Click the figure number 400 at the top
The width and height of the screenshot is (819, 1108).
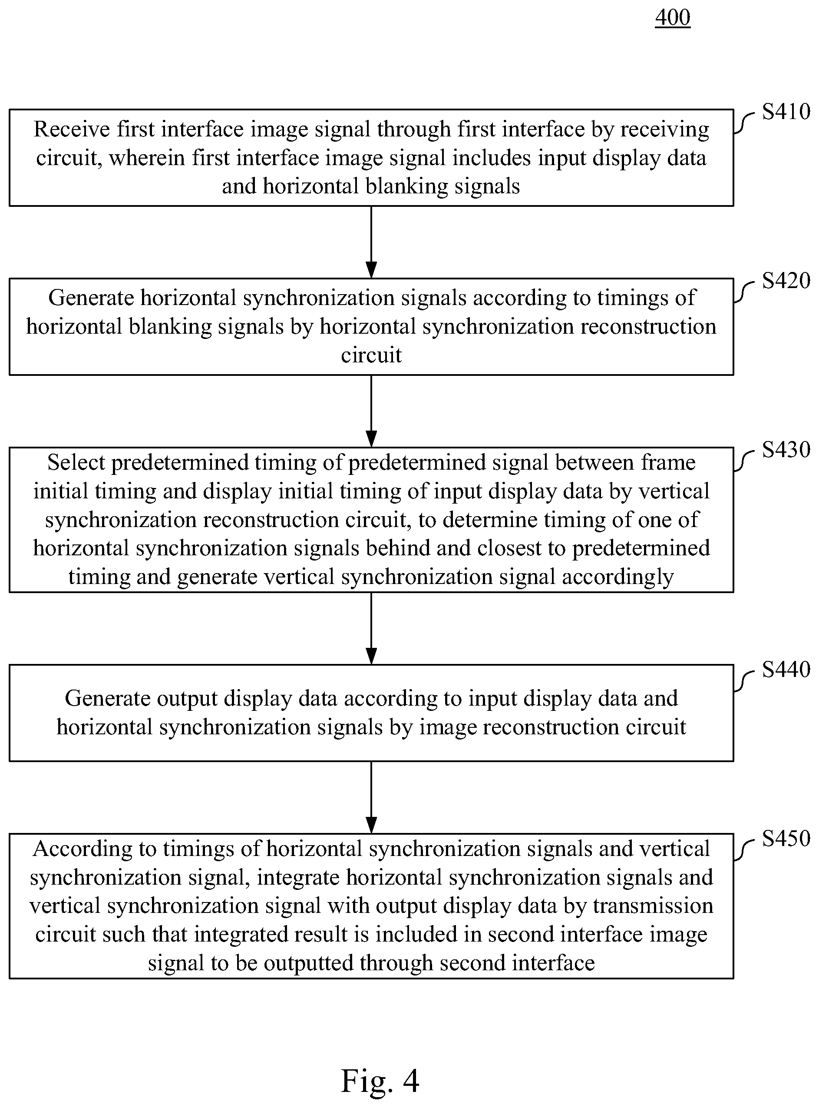pos(673,17)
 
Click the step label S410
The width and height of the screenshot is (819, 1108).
pos(786,112)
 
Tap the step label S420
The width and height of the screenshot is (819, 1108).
pos(786,281)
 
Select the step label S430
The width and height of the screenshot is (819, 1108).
pos(786,450)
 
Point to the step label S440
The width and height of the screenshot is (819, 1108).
pos(786,670)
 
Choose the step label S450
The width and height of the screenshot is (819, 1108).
pos(786,839)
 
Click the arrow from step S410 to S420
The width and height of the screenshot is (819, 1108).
pos(371,242)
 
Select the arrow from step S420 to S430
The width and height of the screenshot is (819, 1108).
pos(371,411)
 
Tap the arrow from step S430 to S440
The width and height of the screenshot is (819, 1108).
pos(371,628)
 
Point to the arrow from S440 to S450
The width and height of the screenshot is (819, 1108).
pos(371,797)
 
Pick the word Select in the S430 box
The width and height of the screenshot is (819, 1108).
pos(76,463)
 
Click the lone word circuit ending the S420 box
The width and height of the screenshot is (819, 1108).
pos(371,355)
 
